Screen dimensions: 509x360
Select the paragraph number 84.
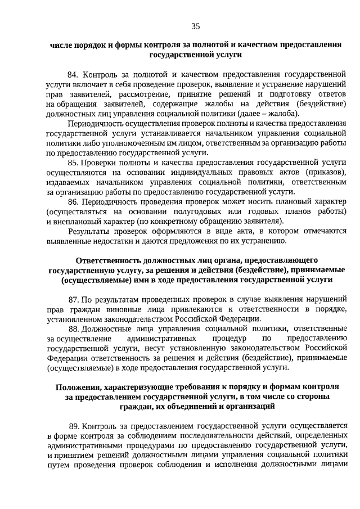click(x=74, y=74)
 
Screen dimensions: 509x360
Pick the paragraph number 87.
click(x=74, y=299)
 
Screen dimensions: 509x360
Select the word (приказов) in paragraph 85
click(x=326, y=172)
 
